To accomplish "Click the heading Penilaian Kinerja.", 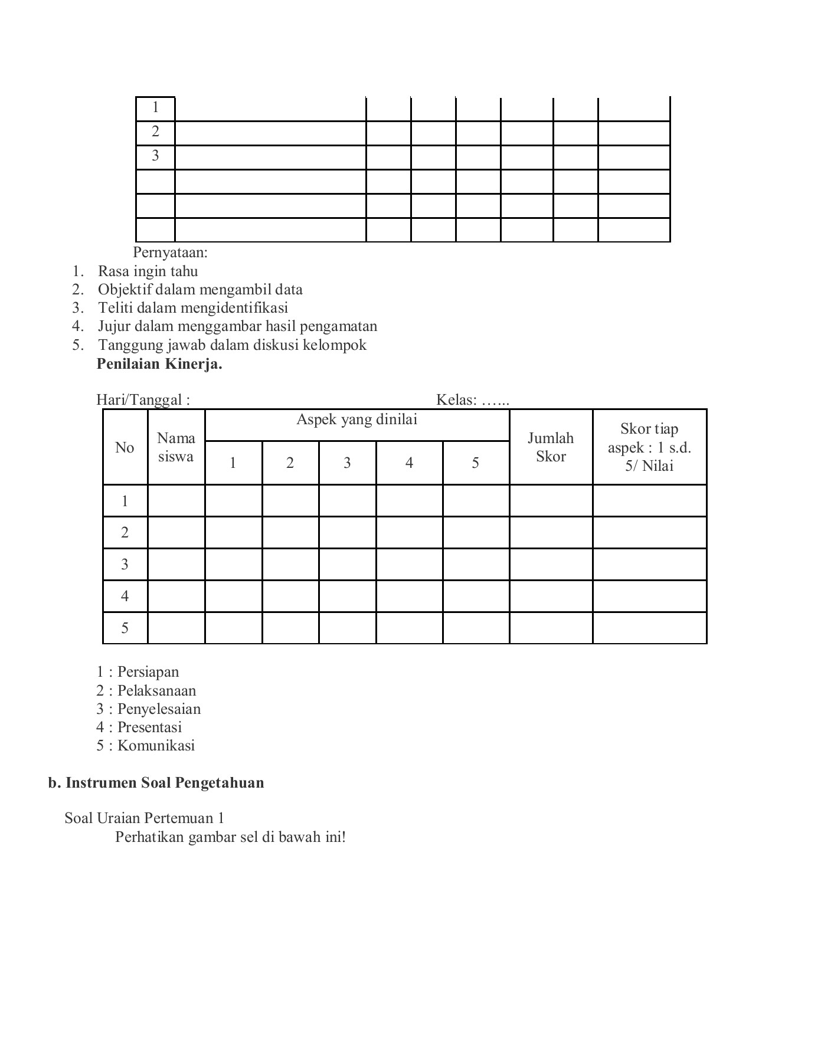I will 159,364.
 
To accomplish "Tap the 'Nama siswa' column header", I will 176,447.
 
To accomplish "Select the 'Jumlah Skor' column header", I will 551,447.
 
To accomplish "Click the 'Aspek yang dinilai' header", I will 356,420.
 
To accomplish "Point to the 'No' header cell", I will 125,448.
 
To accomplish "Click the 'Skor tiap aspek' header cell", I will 649,447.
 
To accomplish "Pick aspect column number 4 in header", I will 409,463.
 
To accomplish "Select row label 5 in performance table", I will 125,628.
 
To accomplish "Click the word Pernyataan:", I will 170,253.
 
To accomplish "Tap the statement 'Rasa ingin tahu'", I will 148,271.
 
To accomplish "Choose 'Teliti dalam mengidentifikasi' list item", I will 193,308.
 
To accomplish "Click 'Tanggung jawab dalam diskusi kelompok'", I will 232,345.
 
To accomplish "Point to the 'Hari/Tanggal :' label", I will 143,400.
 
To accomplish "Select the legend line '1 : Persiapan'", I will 138,672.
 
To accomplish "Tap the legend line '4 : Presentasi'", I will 139,727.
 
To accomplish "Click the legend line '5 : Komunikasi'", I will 146,746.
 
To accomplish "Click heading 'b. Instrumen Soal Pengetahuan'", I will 156,783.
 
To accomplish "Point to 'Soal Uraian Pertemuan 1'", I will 144,818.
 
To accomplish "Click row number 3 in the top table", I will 155,156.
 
